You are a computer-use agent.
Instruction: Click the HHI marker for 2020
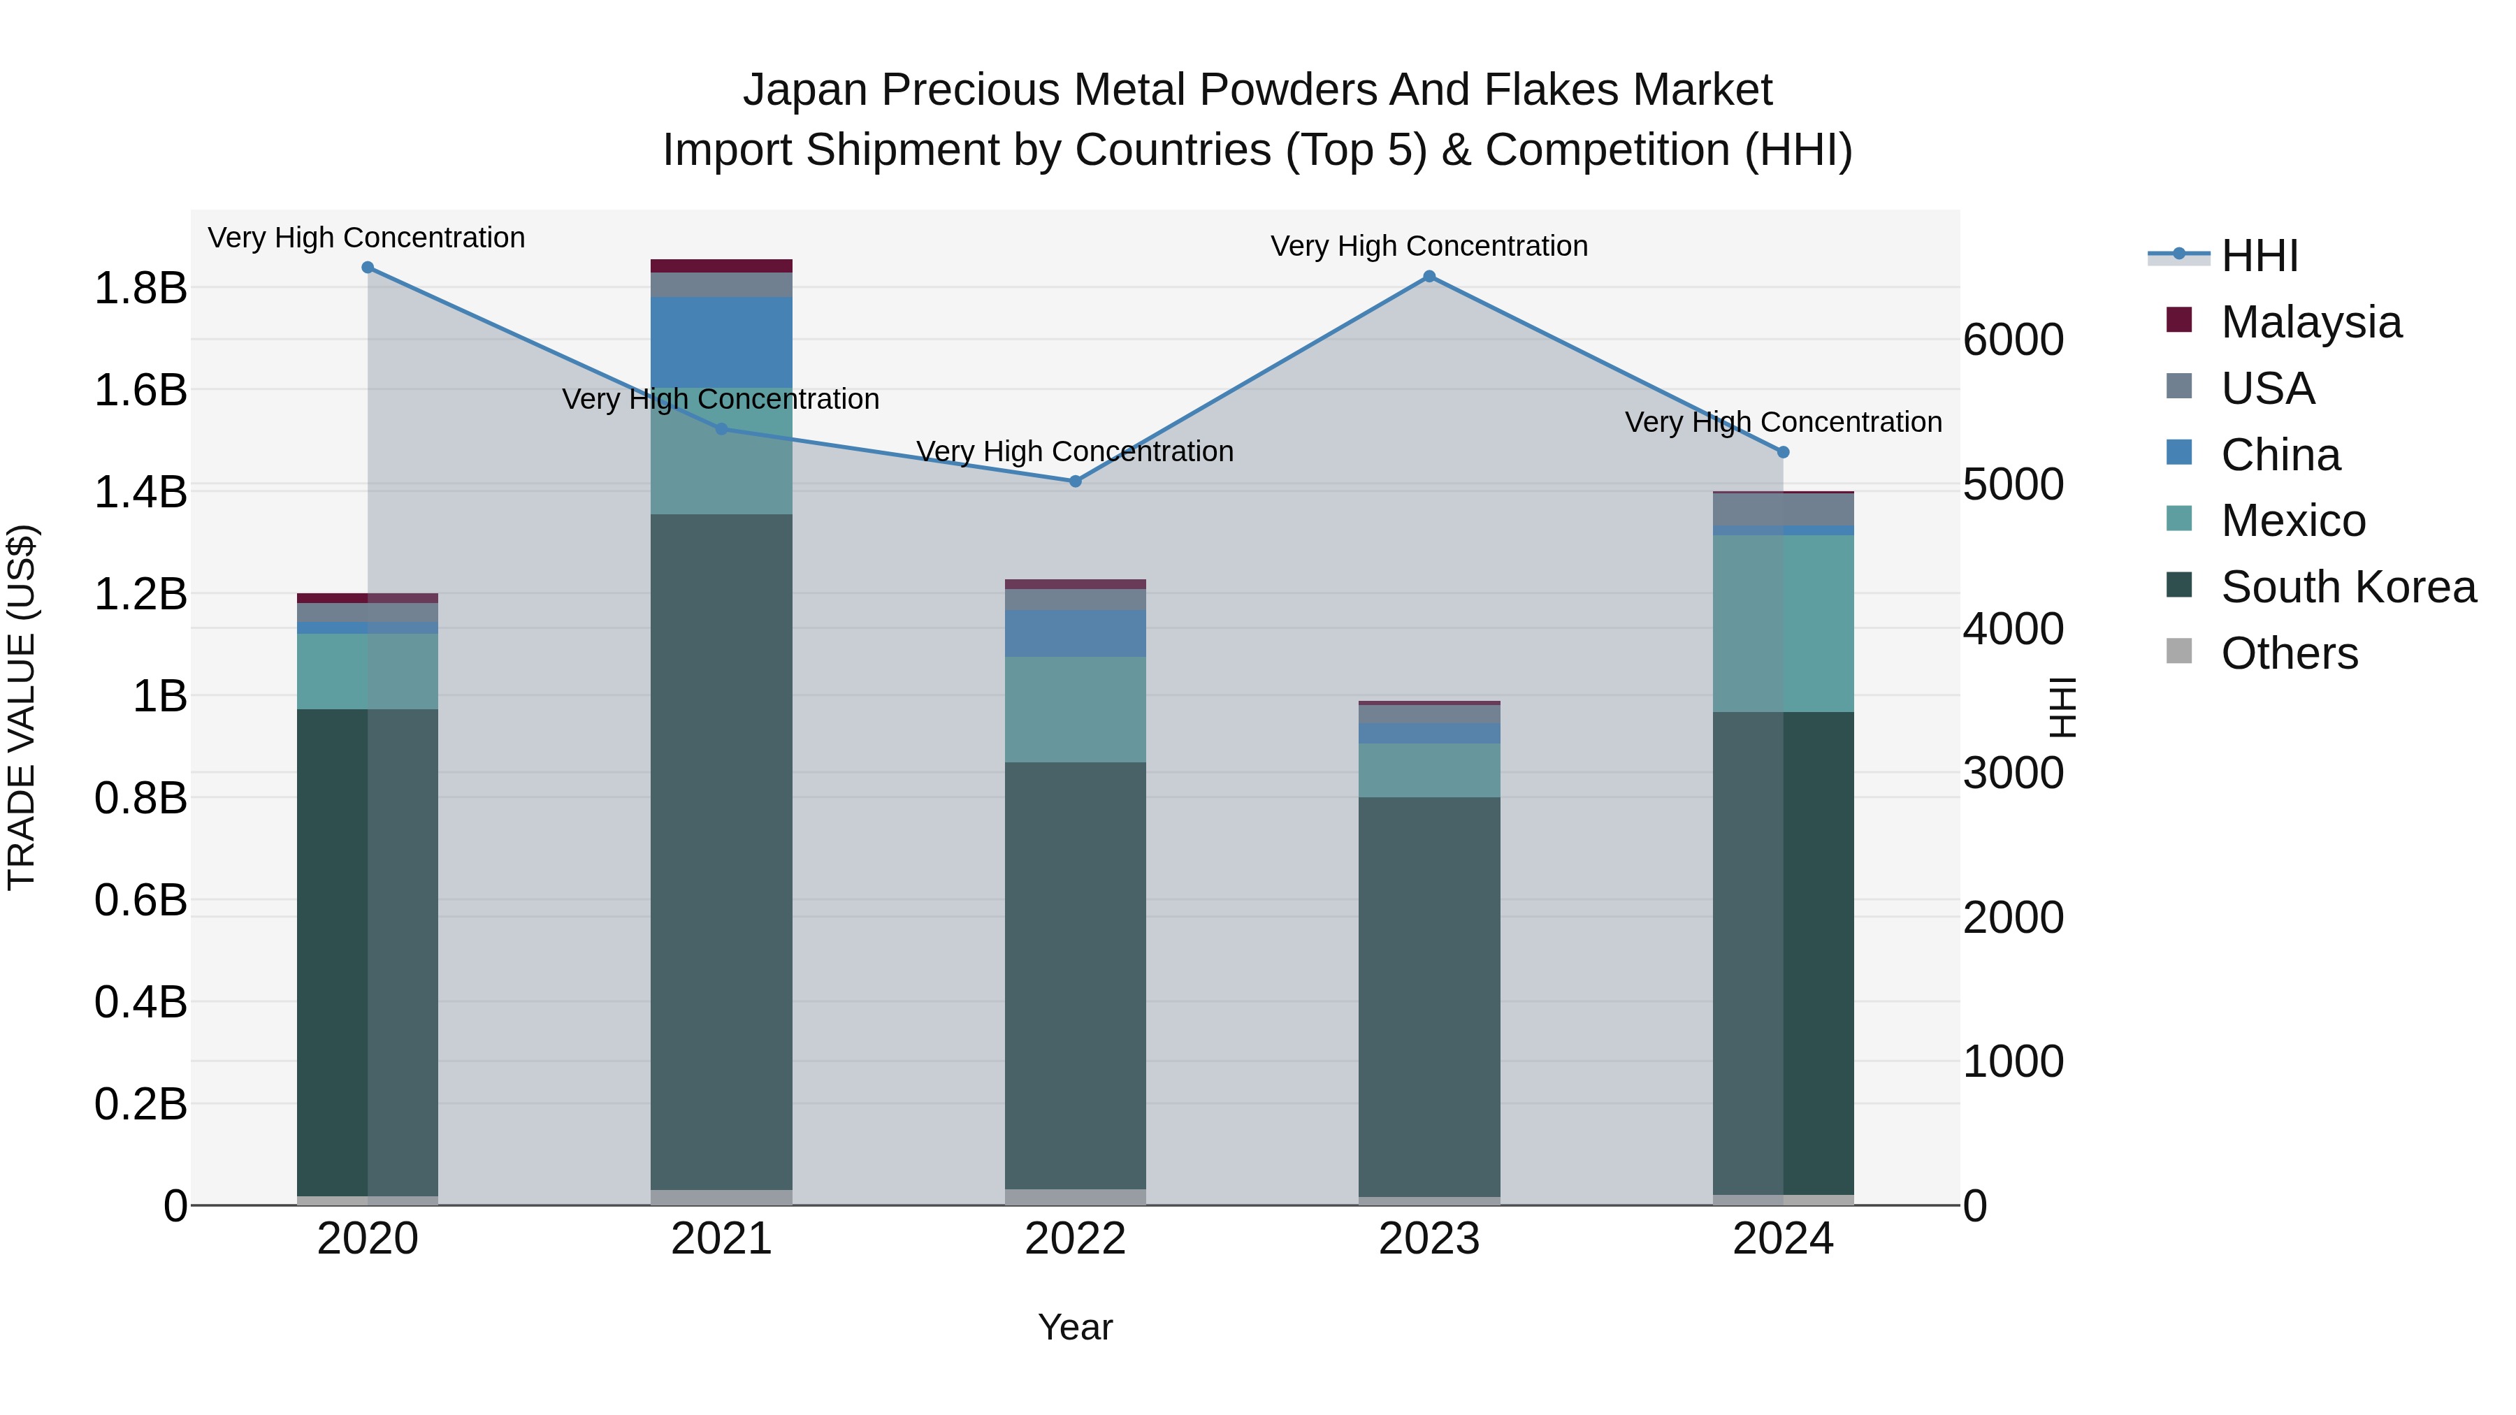tap(367, 268)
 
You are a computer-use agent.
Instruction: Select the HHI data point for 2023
tap(1429, 276)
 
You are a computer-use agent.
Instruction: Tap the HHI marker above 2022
tap(1076, 481)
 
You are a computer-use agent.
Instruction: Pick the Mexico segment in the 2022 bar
tap(1076, 709)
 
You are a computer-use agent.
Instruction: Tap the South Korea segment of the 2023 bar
tap(1429, 996)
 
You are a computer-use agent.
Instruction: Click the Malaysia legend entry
tap(2311, 322)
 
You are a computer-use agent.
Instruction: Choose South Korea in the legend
tap(2348, 587)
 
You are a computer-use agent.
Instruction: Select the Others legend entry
tap(2290, 653)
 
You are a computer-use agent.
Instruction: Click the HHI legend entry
tap(2259, 256)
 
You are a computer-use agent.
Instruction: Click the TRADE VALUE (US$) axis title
tap(22, 707)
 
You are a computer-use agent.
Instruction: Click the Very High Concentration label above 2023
tap(1429, 246)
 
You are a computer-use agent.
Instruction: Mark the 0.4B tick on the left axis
tap(140, 1003)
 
